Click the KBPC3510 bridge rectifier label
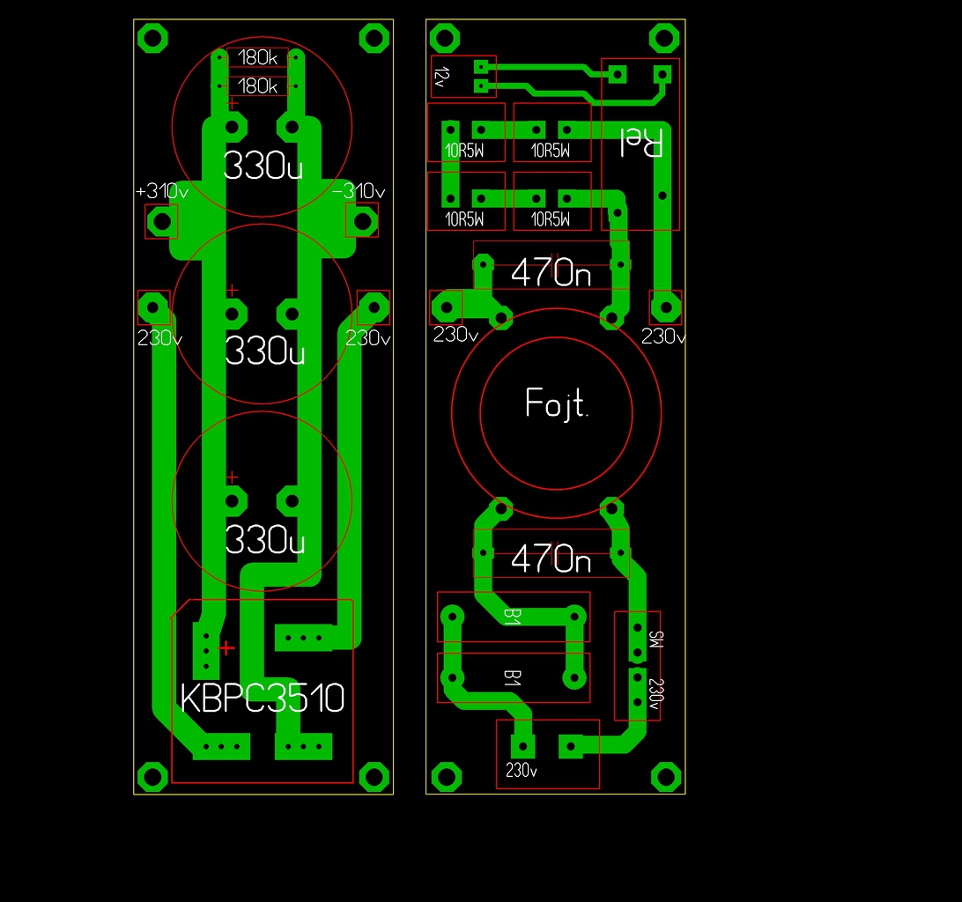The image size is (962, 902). pos(262,698)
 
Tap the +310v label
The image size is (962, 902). pos(162,191)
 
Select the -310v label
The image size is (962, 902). pos(359,191)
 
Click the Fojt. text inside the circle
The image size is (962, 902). pos(557,403)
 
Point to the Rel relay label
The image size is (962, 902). pos(641,143)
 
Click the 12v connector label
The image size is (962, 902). pos(441,78)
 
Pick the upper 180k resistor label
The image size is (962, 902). pos(257,57)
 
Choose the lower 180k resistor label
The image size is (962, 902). pos(257,86)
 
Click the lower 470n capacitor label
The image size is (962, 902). pos(551,558)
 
